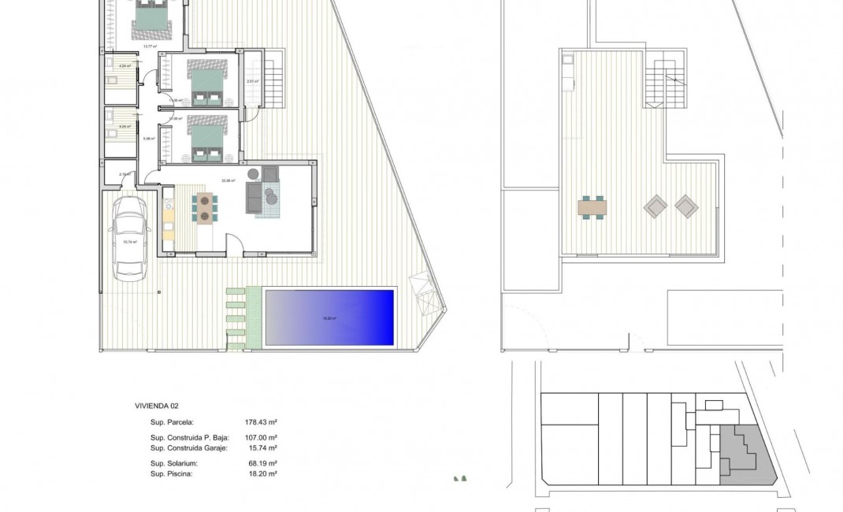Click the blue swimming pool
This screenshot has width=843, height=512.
click(329, 317)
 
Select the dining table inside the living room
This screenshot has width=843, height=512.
click(204, 206)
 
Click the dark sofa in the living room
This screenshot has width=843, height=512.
click(254, 198)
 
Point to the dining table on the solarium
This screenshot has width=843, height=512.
click(593, 208)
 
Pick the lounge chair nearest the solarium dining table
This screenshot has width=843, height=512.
click(655, 207)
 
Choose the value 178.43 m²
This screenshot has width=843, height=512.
click(261, 422)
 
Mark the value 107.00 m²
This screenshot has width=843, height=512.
click(261, 437)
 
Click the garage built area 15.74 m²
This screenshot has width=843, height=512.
click(263, 447)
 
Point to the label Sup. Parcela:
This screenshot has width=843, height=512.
click(172, 422)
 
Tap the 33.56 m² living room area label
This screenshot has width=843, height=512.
click(229, 180)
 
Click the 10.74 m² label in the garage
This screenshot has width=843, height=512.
click(130, 243)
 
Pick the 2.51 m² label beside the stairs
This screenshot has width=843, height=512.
click(252, 82)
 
